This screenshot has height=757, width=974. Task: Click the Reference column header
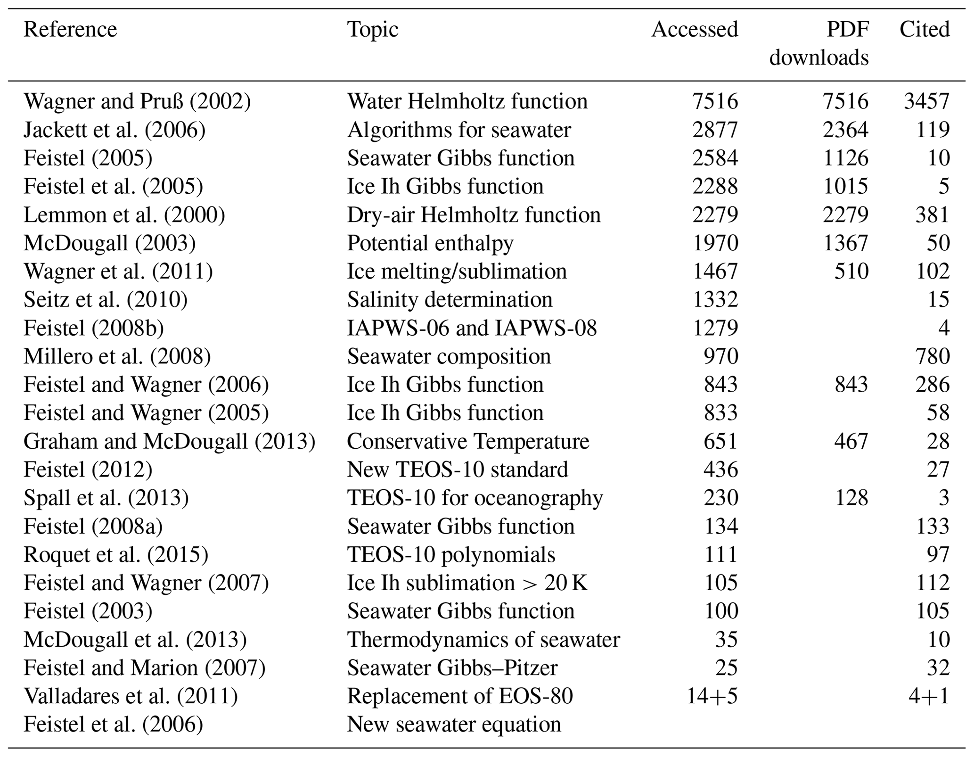point(70,30)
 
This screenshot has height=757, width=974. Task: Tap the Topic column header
point(373,30)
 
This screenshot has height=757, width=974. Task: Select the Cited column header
point(924,30)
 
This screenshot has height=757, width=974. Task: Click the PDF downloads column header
point(819,44)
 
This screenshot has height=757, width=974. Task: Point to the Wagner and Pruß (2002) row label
point(137,101)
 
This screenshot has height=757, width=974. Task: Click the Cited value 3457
point(926,101)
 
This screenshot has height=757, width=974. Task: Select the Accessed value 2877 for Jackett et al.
point(715,130)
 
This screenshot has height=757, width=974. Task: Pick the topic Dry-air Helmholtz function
point(474,215)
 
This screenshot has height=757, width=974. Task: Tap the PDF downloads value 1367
point(845,243)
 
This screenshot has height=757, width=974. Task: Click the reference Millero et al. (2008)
point(117,356)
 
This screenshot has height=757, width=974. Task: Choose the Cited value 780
point(932,356)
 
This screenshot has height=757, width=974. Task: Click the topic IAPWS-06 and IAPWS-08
point(472,328)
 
